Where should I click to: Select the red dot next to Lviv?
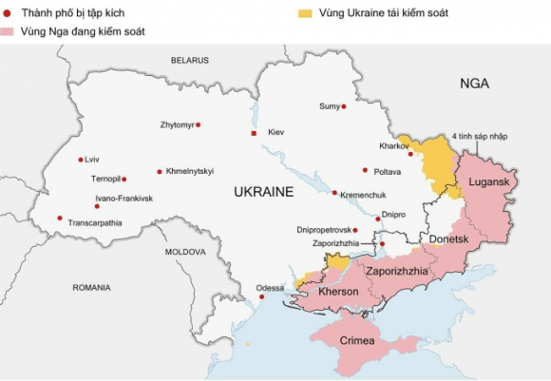(x=80, y=160)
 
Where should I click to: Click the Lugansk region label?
(x=489, y=181)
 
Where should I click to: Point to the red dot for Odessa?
(x=262, y=297)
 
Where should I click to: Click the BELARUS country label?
(x=189, y=60)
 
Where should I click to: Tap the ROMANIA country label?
(x=92, y=286)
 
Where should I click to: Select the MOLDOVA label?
(x=185, y=252)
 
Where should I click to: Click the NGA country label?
(x=474, y=84)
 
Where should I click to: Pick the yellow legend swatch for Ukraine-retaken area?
(x=305, y=13)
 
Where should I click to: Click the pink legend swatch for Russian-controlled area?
(x=9, y=32)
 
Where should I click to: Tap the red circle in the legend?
(x=8, y=13)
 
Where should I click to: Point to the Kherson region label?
(x=338, y=292)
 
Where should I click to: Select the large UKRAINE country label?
(x=264, y=192)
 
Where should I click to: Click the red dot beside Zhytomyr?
(x=198, y=124)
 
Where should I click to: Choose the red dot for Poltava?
(x=365, y=171)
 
